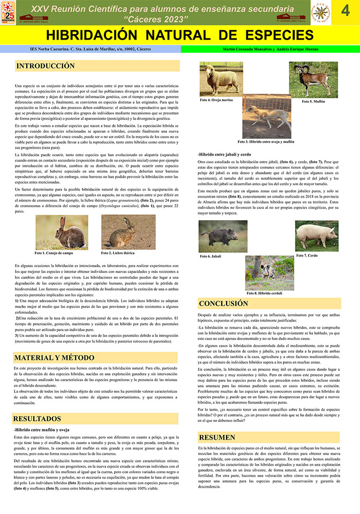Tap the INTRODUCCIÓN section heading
pos(46,66)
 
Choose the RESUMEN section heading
pos(217,437)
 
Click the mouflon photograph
pos(313,80)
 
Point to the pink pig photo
pos(317,236)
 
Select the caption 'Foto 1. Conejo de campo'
pos(54,253)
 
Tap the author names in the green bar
pos(270,49)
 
